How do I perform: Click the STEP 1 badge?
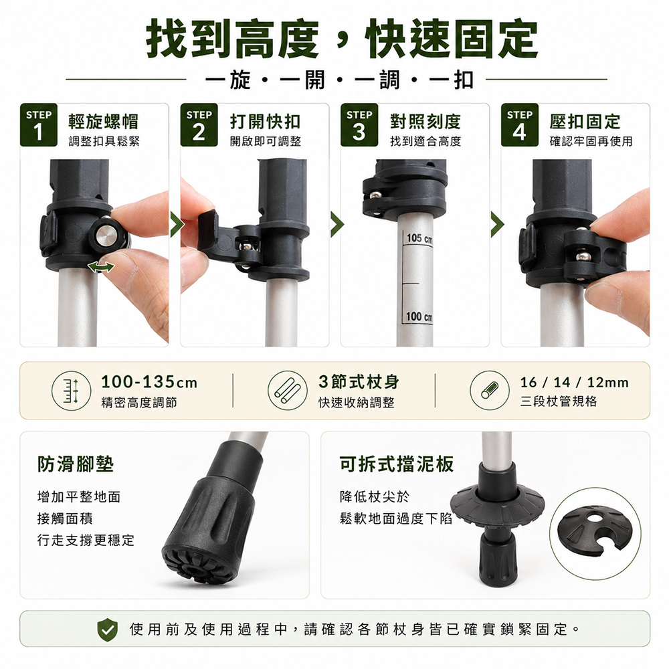coord(38,125)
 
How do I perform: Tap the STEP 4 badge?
coord(519,125)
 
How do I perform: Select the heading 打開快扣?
coord(265,122)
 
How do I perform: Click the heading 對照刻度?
coord(425,122)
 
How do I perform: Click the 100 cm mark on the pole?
coord(419,316)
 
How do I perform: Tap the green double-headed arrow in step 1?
coord(101,267)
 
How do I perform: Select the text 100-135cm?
coord(149,382)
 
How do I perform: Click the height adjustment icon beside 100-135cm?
coord(72,391)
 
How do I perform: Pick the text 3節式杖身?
coord(359,382)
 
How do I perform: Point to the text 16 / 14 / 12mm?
coord(574,382)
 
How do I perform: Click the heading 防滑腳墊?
coord(76,464)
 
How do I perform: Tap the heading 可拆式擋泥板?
coord(396,464)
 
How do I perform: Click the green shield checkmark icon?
coord(108,630)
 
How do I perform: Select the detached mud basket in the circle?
coord(595,533)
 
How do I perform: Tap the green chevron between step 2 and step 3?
coord(337,224)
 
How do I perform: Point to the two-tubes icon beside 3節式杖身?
coord(288,391)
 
